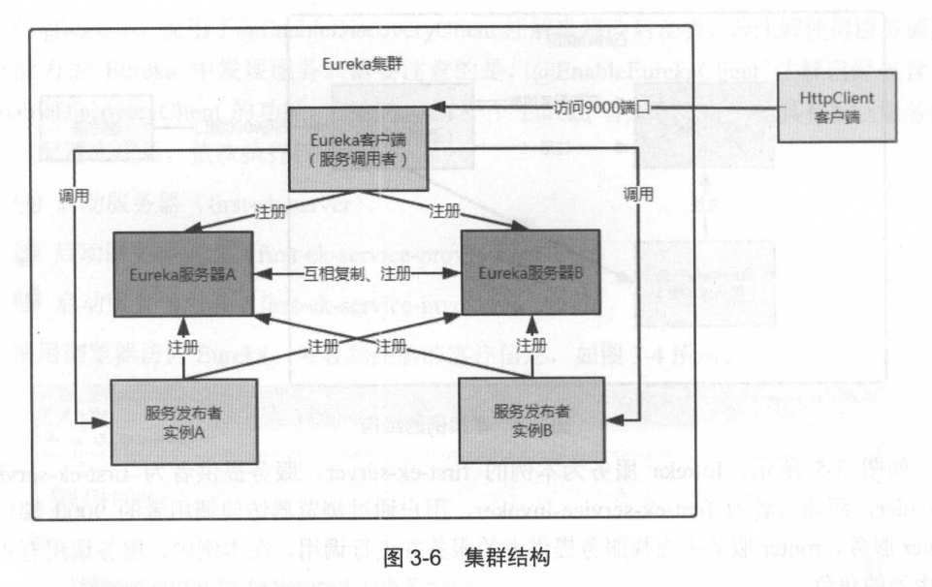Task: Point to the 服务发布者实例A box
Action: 183,420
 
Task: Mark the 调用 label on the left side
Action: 74,194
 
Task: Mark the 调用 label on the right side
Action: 638,194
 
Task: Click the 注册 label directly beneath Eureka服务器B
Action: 530,346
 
